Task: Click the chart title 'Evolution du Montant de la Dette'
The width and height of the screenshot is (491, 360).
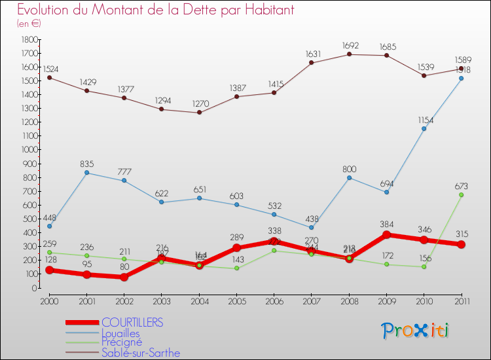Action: tap(156, 10)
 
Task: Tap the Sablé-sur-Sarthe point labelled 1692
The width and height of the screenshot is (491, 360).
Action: tap(349, 54)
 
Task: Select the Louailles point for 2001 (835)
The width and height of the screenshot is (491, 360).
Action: tap(86, 173)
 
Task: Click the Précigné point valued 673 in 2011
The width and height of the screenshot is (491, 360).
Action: tap(461, 195)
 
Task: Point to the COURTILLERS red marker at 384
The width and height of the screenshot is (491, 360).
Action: tap(386, 235)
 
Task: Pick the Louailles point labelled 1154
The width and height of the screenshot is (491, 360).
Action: tap(424, 129)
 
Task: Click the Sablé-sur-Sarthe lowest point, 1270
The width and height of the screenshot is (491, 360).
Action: tap(199, 113)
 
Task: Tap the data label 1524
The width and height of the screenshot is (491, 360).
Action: tap(49, 68)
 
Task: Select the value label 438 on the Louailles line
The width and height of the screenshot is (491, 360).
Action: tap(311, 219)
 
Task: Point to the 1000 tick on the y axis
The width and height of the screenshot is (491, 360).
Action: tap(29, 150)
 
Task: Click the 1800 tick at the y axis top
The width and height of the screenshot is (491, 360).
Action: tap(29, 39)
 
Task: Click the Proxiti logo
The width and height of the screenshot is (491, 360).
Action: tap(416, 331)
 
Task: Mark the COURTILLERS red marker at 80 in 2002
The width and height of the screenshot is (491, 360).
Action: tap(124, 277)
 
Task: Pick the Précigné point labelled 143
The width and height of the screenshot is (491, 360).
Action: tap(236, 268)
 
